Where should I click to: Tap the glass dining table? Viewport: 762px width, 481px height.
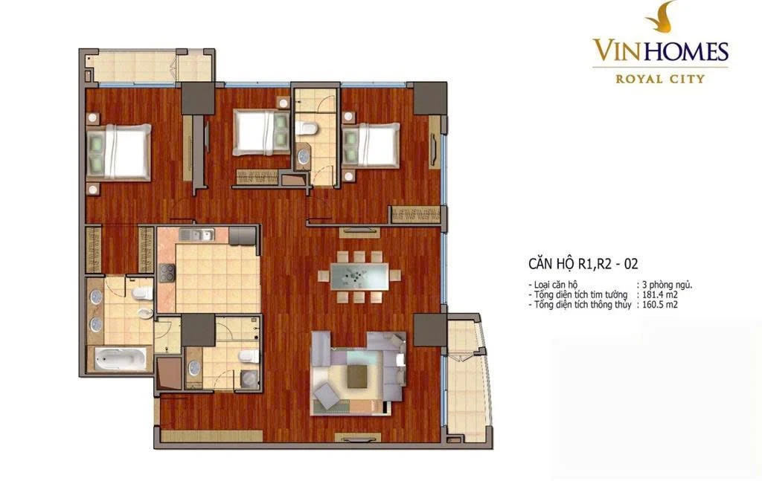359,276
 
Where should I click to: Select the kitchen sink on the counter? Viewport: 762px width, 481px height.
196,235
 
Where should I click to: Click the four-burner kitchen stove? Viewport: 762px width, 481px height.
167,273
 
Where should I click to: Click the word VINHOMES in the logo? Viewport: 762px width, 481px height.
660,51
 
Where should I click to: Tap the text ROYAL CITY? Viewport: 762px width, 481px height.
660,79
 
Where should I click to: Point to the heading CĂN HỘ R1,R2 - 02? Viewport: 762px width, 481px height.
583,264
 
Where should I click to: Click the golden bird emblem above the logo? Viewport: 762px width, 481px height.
661,17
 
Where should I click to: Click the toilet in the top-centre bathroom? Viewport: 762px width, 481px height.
307,128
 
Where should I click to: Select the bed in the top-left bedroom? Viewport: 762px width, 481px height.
118,152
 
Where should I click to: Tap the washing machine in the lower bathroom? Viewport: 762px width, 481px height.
249,379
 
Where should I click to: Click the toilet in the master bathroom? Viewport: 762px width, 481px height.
143,293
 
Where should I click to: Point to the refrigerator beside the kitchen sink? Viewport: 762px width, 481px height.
242,236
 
